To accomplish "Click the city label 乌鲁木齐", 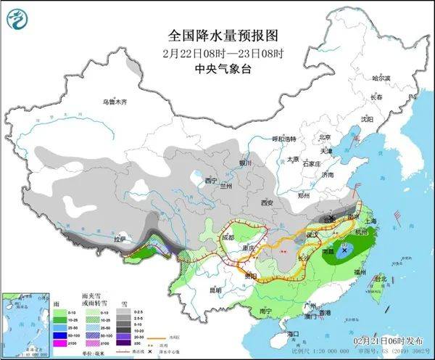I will [114, 102].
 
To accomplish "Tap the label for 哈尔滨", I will [381, 78].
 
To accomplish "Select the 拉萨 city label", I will [119, 239].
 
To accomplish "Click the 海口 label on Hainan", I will [294, 333].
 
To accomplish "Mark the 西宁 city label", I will [211, 180].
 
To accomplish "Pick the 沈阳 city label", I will [367, 118].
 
